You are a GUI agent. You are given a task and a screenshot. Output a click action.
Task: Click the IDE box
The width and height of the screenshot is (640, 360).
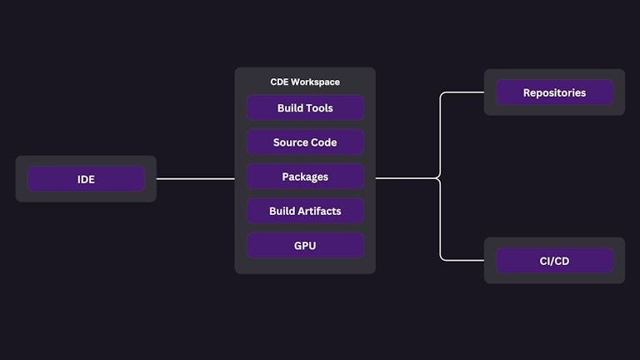point(86,179)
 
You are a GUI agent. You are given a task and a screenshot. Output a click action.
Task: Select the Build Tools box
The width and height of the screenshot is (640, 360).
point(305,108)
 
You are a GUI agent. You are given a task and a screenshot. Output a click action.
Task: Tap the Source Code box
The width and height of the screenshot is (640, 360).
point(305,142)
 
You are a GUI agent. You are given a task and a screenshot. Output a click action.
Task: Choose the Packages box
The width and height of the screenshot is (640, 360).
point(305,177)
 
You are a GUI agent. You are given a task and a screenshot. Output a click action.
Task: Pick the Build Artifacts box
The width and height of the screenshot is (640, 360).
point(305,211)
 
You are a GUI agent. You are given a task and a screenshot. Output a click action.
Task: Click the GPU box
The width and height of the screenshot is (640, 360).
point(305,246)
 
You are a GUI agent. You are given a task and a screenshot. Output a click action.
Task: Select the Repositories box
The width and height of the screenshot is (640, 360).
point(554,92)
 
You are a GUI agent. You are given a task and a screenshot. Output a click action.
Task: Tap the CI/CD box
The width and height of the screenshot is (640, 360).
point(554,261)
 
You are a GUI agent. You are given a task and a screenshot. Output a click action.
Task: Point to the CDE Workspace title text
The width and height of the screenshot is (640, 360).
point(305,82)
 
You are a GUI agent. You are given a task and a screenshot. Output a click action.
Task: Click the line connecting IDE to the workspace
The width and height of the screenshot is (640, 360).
point(196,178)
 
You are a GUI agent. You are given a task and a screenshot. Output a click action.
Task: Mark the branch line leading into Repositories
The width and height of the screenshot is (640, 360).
point(462,92)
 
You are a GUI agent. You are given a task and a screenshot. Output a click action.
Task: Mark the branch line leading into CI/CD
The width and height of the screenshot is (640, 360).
point(462,260)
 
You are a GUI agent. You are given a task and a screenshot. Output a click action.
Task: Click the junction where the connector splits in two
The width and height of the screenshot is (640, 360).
point(438,177)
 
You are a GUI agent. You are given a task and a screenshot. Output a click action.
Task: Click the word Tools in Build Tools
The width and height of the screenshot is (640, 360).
point(319,108)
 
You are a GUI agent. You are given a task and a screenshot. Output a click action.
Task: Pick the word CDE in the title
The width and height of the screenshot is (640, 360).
point(279,82)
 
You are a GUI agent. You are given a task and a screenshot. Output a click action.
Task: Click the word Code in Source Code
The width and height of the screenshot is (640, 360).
point(324,142)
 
